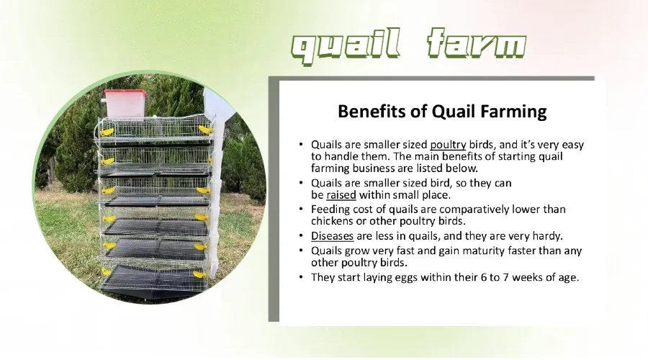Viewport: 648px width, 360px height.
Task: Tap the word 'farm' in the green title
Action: (476, 43)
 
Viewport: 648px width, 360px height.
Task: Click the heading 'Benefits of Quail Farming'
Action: (442, 111)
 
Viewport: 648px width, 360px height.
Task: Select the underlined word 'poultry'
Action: (448, 145)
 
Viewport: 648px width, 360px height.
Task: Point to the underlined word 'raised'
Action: (341, 194)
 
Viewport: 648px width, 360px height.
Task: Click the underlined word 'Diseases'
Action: (332, 236)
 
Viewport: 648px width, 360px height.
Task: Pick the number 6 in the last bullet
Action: (484, 277)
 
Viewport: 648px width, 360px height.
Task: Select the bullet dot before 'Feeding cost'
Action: (301, 210)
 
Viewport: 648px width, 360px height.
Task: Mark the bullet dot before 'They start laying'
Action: (301, 277)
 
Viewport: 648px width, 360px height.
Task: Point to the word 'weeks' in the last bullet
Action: (526, 277)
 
